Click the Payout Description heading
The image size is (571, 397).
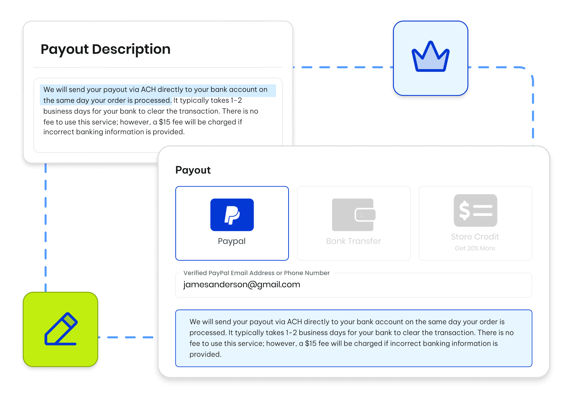105,49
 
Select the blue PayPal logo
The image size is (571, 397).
232,215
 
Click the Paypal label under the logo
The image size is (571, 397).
231,241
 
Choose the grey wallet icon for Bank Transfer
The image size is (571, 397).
354,215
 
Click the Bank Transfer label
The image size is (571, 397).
353,241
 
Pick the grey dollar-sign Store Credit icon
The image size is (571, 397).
475,210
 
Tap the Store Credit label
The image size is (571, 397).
475,237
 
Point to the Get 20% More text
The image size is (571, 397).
475,248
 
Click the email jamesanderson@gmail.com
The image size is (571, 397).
242,284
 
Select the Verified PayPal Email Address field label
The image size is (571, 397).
256,273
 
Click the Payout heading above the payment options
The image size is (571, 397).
193,170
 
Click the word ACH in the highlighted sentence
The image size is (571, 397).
148,90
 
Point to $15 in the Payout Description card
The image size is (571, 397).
164,122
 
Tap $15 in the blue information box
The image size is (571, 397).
311,344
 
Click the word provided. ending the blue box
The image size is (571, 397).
205,354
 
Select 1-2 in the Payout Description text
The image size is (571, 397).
236,101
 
